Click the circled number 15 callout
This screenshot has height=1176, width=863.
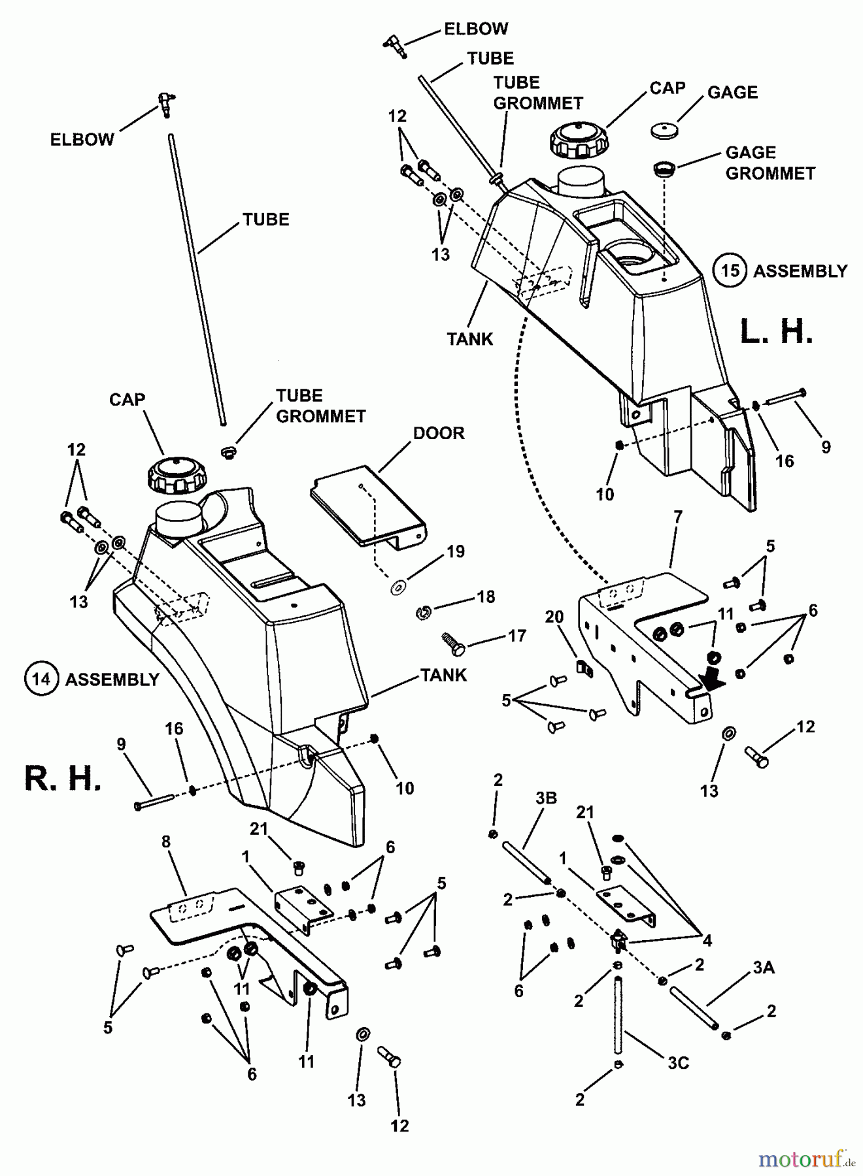[730, 270]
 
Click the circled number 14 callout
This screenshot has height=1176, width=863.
[41, 679]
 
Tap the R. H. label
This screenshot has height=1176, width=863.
[63, 779]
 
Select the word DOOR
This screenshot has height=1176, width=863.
[439, 433]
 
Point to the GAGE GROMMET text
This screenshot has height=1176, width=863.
[770, 163]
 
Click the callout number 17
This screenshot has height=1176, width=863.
[516, 635]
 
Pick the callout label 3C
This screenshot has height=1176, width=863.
[678, 1063]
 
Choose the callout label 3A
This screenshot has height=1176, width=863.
[763, 968]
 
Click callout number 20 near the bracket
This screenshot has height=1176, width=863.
[554, 617]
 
